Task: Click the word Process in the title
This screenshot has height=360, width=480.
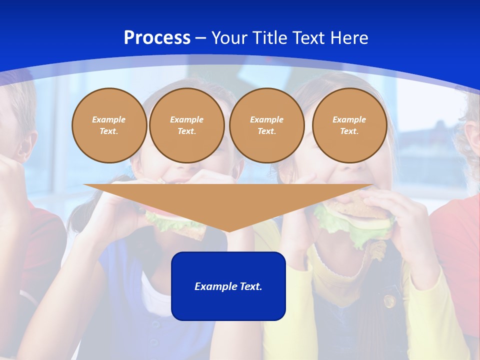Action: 157,38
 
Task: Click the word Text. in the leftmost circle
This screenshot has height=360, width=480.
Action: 109,131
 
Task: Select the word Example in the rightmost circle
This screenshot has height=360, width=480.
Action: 349,119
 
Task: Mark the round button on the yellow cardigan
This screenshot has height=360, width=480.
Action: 389,301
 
